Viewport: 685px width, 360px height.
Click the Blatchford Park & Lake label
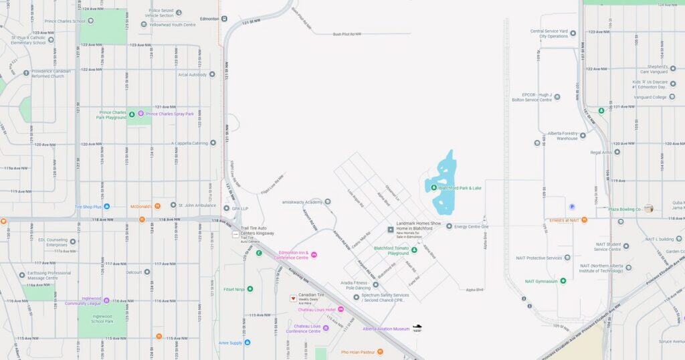pos(460,188)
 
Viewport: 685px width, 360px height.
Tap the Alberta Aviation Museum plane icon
pos(417,327)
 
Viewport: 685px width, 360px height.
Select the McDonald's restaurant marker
pos(157,206)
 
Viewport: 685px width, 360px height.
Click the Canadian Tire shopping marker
pos(293,298)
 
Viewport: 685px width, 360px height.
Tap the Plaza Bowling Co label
pos(625,209)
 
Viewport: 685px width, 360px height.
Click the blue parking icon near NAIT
pos(571,207)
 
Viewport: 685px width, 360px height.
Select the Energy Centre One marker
pos(449,226)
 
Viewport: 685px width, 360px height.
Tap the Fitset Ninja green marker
pos(250,289)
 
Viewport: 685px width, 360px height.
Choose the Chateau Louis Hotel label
pos(316,309)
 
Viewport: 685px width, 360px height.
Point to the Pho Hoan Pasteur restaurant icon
pos(380,351)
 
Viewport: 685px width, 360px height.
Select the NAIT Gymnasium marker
pos(563,281)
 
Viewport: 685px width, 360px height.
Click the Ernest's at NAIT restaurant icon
pos(584,219)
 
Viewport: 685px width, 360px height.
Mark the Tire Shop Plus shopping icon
pos(106,207)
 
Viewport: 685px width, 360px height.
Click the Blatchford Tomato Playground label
pos(391,250)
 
